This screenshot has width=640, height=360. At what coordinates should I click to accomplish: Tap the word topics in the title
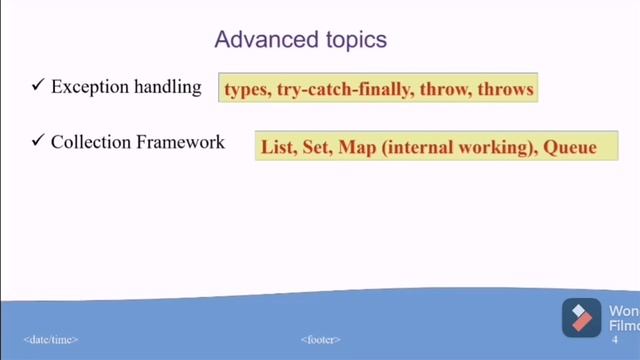pyautogui.click(x=346, y=41)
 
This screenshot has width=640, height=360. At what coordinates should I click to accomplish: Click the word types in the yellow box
pyautogui.click(x=246, y=90)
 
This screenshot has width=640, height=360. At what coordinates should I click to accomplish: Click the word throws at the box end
pyautogui.click(x=506, y=90)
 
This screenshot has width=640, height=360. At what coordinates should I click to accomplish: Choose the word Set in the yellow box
pyautogui.click(x=314, y=148)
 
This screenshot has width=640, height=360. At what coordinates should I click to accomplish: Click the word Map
pyautogui.click(x=355, y=148)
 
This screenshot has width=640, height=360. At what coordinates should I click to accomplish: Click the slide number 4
pyautogui.click(x=614, y=340)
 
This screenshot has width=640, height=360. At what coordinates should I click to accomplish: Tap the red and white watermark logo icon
pyautogui.click(x=580, y=317)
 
